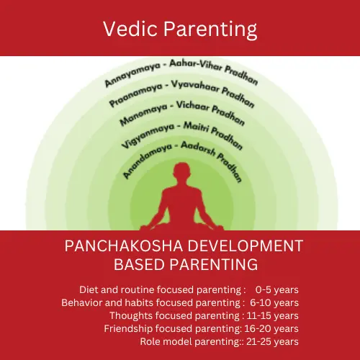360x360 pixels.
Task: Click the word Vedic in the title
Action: [130, 29]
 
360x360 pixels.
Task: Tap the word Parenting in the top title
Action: [210, 30]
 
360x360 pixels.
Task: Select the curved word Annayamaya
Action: [132, 74]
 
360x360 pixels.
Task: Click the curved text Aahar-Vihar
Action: [196, 66]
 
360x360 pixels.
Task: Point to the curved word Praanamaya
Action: [136, 94]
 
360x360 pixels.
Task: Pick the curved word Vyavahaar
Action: [195, 86]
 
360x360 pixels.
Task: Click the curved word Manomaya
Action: [143, 114]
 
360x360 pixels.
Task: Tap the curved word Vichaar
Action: [193, 106]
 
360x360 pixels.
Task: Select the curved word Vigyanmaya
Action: [148, 135]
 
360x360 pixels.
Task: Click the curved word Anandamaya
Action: [147, 161]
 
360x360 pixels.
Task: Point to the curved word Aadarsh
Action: [198, 148]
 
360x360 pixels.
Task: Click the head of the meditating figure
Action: [181, 171]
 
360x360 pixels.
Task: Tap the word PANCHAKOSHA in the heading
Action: [124, 246]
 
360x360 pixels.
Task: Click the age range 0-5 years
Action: [277, 289]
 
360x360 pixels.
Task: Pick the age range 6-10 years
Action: [274, 302]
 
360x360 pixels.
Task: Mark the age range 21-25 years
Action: [272, 341]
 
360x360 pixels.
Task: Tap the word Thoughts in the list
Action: [131, 315]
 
